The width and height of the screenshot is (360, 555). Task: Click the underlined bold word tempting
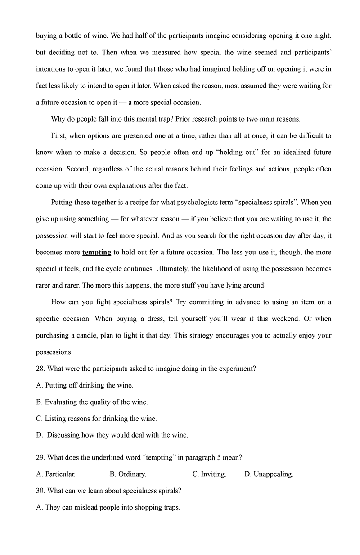97,252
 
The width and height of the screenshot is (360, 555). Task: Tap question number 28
40,369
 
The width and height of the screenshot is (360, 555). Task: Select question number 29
40,457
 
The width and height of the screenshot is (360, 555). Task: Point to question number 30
40,491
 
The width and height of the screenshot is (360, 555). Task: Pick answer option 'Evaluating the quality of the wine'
92,402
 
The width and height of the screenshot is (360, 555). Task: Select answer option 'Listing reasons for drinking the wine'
96,419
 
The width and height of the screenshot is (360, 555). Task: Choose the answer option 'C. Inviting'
209,474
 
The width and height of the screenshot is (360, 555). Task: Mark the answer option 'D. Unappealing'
269,474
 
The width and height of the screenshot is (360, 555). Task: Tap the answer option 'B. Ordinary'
128,474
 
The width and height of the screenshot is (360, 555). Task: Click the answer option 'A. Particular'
56,474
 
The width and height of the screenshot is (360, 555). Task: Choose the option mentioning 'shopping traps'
108,507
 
